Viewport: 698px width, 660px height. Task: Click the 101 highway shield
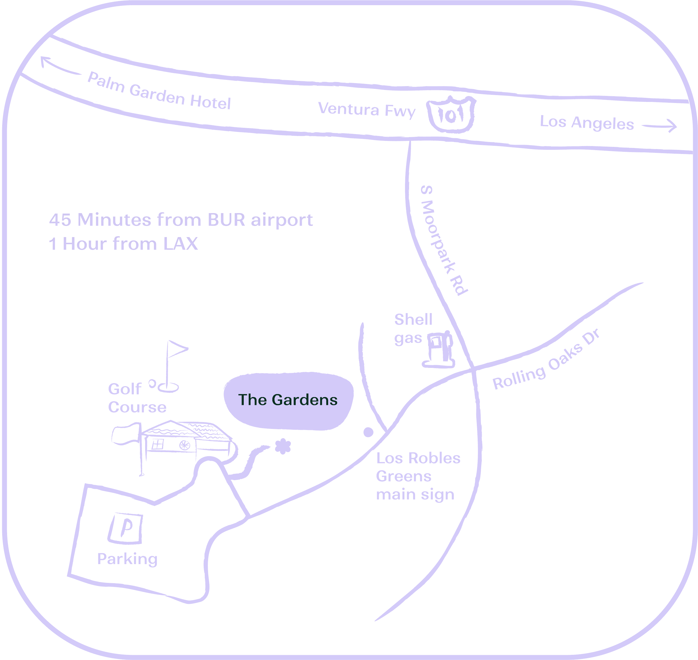(x=451, y=114)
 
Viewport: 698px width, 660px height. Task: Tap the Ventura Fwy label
(x=367, y=110)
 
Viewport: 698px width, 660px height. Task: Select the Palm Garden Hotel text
(x=159, y=91)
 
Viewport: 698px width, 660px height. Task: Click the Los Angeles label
(x=587, y=123)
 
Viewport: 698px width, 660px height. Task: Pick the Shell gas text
(x=413, y=329)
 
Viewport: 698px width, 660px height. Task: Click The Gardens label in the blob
(x=288, y=400)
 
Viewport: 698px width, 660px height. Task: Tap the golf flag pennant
(x=178, y=348)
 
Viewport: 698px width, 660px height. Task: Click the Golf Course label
(x=137, y=398)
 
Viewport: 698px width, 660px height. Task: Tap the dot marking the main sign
(x=368, y=432)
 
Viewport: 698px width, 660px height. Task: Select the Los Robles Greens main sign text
(x=418, y=476)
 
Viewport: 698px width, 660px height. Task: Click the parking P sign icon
(x=126, y=528)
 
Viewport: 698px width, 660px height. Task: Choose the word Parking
(x=127, y=559)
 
